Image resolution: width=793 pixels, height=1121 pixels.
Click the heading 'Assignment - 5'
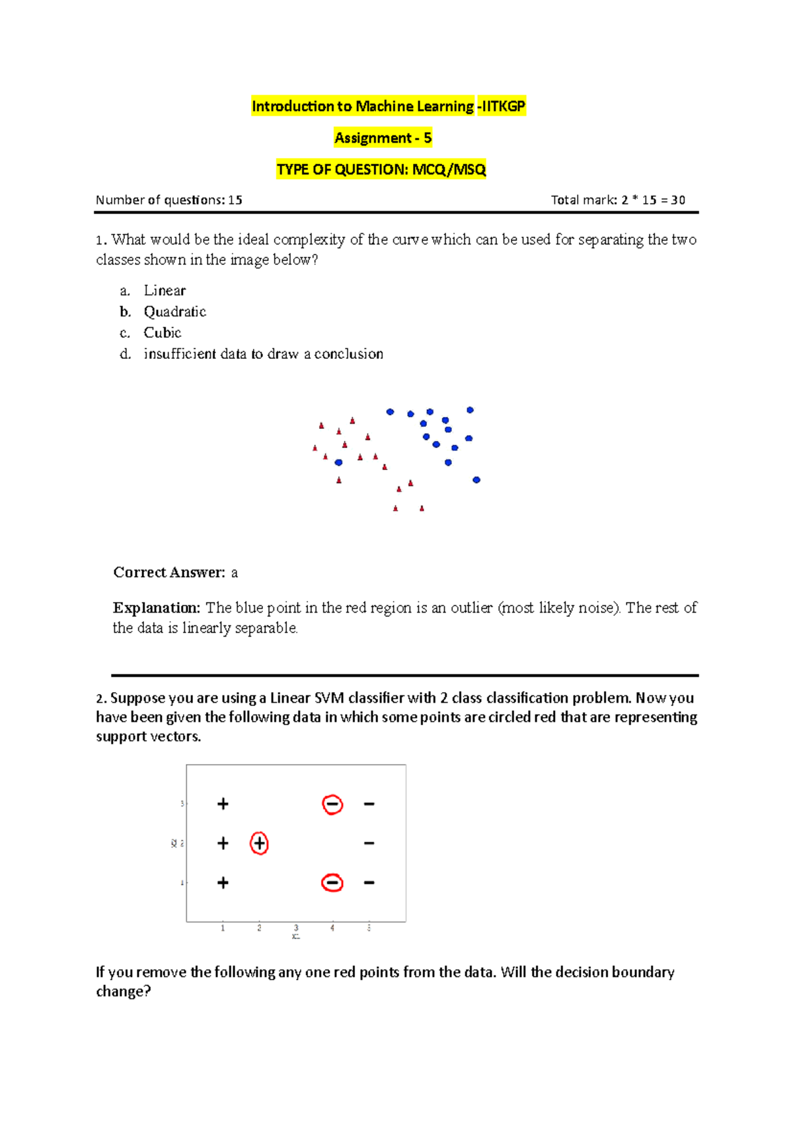click(383, 138)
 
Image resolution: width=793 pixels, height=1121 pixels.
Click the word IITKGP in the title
click(503, 106)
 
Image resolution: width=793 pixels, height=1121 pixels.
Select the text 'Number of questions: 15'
click(169, 200)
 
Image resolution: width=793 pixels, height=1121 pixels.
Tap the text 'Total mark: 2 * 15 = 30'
click(618, 200)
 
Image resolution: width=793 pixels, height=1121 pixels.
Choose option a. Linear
click(165, 291)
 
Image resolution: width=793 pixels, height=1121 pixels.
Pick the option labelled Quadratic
click(174, 312)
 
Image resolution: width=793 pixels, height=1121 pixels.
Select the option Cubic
click(163, 333)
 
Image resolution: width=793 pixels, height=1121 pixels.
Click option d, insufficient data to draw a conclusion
click(263, 354)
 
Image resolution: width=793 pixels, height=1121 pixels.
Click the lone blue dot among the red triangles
click(338, 463)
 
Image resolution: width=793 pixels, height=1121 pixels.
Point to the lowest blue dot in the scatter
click(476, 480)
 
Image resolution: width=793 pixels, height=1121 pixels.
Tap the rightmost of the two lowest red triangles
click(422, 508)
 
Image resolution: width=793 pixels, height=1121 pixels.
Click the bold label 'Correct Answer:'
click(169, 572)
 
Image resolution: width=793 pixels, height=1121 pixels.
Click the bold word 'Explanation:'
click(157, 608)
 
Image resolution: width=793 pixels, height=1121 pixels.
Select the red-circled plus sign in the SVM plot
click(259, 843)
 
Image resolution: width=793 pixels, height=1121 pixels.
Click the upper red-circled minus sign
click(332, 804)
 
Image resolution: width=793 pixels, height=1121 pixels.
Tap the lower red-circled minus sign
click(332, 883)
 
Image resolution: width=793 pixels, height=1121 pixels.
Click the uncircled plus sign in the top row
click(223, 804)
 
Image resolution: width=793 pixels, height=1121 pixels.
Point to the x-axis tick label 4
click(332, 928)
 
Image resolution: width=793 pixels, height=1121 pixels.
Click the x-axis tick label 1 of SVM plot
click(223, 928)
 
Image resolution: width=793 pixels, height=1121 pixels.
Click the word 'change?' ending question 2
click(124, 991)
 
